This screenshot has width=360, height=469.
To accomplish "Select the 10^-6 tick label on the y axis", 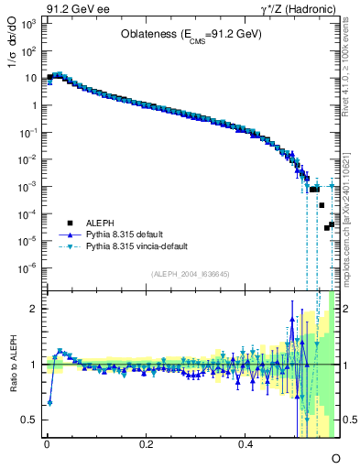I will pyautogui.click(x=31, y=268).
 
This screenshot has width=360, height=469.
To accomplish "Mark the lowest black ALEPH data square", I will pyautogui.click(x=326, y=228).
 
